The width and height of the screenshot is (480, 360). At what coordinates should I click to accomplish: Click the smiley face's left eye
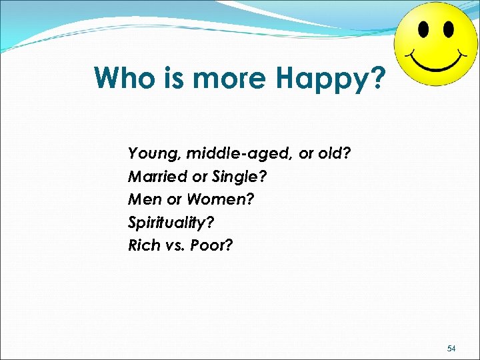423,30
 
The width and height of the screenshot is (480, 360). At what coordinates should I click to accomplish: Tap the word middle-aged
239,154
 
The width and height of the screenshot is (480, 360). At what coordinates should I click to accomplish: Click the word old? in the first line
335,154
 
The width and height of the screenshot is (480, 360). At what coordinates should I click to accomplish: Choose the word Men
142,199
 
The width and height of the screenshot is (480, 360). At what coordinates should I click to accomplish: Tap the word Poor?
212,245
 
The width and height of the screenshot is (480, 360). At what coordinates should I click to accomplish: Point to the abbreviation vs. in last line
175,245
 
